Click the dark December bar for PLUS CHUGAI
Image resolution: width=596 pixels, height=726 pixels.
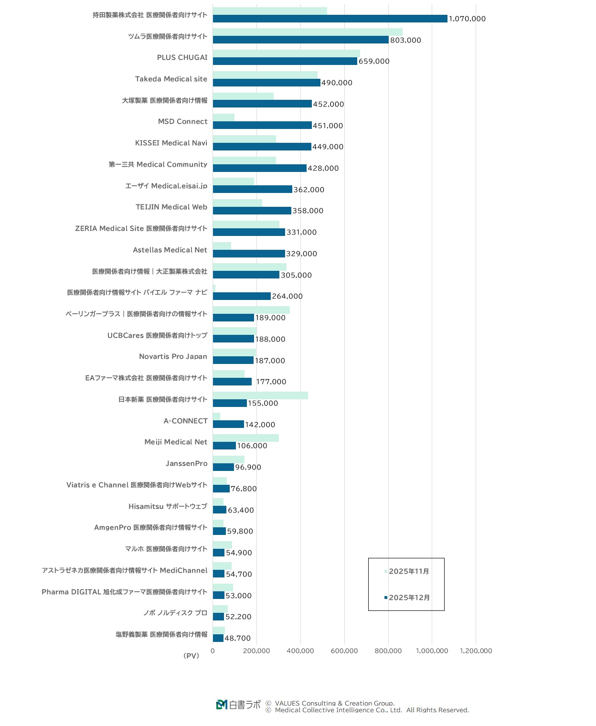(x=285, y=61)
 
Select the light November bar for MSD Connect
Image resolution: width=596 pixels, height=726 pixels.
(x=223, y=117)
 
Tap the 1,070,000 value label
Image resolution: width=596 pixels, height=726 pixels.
(x=467, y=19)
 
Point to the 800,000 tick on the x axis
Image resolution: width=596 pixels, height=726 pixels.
(x=388, y=651)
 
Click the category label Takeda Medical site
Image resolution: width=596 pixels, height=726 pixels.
(x=171, y=79)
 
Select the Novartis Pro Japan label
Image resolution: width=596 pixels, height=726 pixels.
(x=173, y=356)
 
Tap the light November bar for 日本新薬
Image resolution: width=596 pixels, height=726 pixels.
(x=260, y=395)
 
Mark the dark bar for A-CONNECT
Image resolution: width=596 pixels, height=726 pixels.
(x=228, y=424)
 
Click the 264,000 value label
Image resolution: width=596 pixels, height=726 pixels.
(x=287, y=296)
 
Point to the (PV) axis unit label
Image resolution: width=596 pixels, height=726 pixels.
(x=191, y=656)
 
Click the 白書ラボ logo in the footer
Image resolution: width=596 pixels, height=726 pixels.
(x=238, y=705)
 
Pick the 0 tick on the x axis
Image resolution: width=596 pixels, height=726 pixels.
(x=213, y=651)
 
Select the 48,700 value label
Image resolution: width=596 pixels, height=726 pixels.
(x=237, y=638)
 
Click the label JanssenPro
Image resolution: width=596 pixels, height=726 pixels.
(x=186, y=463)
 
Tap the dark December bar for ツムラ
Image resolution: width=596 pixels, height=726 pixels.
(x=300, y=40)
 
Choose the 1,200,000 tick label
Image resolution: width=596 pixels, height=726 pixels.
(x=476, y=651)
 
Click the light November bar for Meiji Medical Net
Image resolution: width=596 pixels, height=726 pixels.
(x=245, y=438)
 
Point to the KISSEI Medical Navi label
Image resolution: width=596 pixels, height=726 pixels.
(x=171, y=143)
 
